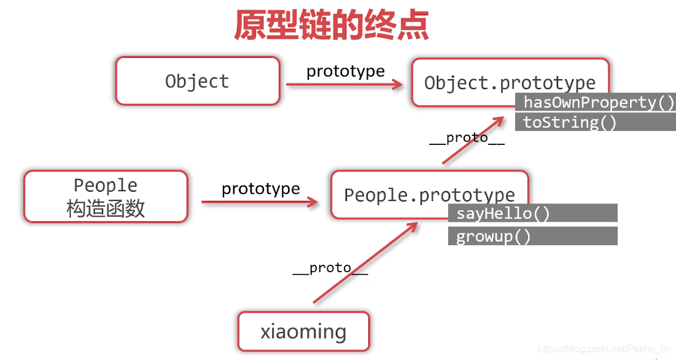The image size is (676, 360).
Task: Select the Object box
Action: click(x=197, y=81)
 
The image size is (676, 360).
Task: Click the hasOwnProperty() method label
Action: click(x=595, y=102)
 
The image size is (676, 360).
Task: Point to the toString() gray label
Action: click(x=569, y=122)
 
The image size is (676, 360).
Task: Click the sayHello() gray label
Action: click(x=503, y=213)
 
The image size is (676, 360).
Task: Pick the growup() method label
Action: click(x=493, y=237)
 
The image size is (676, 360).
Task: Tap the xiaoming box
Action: click(x=303, y=332)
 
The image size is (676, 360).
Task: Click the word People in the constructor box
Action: click(x=106, y=185)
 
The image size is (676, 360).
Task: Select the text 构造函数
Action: click(x=106, y=209)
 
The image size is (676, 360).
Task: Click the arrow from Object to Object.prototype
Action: click(x=344, y=85)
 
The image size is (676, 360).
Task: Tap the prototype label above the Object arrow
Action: click(x=346, y=71)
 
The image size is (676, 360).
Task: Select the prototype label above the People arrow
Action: click(x=261, y=188)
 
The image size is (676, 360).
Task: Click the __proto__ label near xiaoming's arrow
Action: click(x=330, y=268)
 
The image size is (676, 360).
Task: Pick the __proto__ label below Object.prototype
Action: click(x=467, y=138)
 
